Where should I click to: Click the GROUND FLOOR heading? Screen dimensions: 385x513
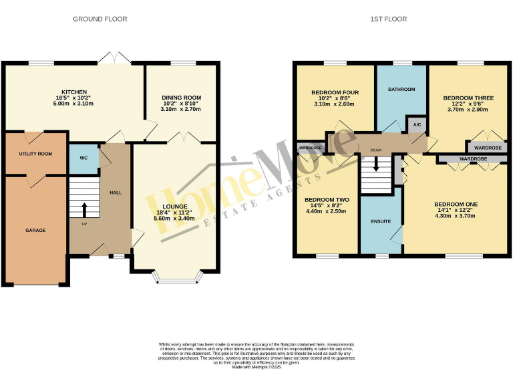[100, 19]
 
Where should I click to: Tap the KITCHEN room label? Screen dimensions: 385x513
[74, 92]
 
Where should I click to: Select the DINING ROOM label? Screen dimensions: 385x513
[181, 98]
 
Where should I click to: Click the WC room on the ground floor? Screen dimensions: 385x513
[83, 158]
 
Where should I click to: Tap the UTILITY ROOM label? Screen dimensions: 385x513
[35, 154]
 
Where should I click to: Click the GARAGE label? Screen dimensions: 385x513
[35, 230]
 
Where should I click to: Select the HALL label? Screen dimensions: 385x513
[116, 192]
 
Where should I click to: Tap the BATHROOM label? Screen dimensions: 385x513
[401, 89]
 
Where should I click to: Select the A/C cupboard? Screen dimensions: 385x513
[416, 124]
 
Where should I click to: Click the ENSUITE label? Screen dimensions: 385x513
[380, 221]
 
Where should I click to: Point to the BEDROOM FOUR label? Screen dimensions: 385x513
[335, 92]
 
